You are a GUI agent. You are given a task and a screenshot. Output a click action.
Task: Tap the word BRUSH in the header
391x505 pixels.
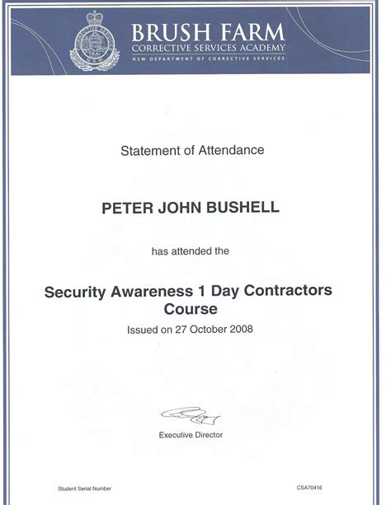click(x=166, y=33)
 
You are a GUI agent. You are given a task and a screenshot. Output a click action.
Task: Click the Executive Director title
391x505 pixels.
click(x=191, y=434)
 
